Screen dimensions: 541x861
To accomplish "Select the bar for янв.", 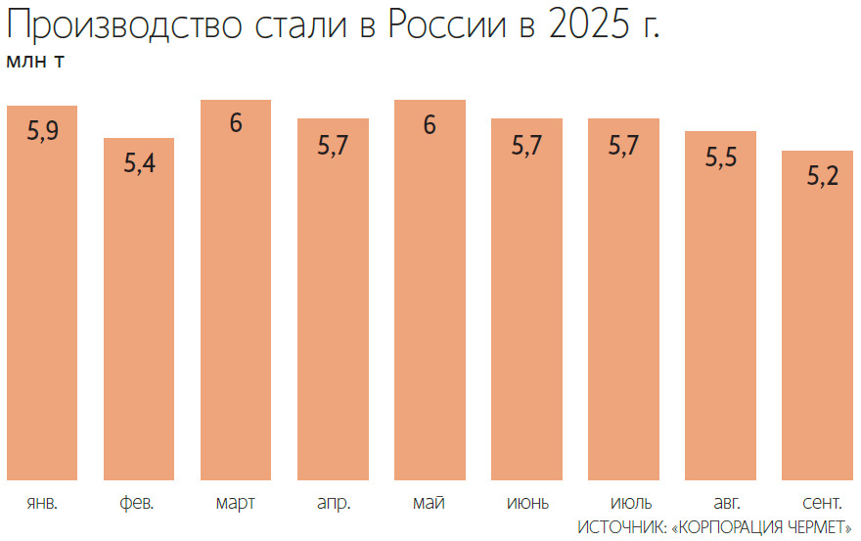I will tap(42, 293).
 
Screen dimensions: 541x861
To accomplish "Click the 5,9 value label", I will tap(42, 131).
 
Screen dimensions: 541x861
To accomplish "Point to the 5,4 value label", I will tap(139, 163).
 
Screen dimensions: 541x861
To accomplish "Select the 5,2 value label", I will tap(818, 176).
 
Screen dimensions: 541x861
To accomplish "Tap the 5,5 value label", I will tap(721, 157).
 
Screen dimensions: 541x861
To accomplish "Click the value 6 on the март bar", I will tap(236, 125).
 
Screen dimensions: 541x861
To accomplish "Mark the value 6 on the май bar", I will tap(430, 125).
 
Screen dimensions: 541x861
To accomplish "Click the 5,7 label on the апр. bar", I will tap(334, 145).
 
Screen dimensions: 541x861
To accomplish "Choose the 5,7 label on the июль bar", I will tap(624, 145).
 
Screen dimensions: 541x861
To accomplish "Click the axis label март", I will tap(236, 504).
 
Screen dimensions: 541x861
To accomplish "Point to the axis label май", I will tap(430, 504).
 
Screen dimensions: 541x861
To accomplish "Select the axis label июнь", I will tap(527, 504).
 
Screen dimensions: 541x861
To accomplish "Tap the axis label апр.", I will tap(334, 504).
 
